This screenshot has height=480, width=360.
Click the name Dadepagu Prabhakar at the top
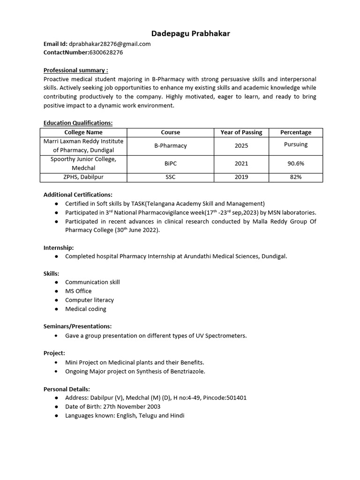click(x=190, y=33)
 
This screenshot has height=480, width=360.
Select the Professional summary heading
click(x=75, y=70)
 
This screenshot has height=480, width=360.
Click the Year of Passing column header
click(x=241, y=132)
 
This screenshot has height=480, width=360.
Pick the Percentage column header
click(x=295, y=132)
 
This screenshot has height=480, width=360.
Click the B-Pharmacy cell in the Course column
click(x=171, y=146)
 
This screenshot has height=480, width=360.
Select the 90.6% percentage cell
click(x=295, y=164)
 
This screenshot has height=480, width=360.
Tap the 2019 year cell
click(x=241, y=177)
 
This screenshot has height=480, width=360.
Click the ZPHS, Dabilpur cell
click(x=83, y=177)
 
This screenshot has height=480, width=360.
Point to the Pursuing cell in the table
click(x=295, y=144)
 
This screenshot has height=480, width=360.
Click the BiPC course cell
click(x=171, y=164)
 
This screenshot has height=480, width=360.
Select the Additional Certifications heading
click(x=78, y=195)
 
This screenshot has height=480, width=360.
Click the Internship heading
click(x=59, y=247)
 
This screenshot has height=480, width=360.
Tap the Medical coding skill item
click(x=86, y=309)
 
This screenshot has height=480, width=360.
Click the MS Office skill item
click(x=78, y=291)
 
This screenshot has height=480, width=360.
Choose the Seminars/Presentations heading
click(x=77, y=326)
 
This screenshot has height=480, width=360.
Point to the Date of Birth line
click(x=112, y=406)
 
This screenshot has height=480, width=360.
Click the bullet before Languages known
click(x=57, y=416)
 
